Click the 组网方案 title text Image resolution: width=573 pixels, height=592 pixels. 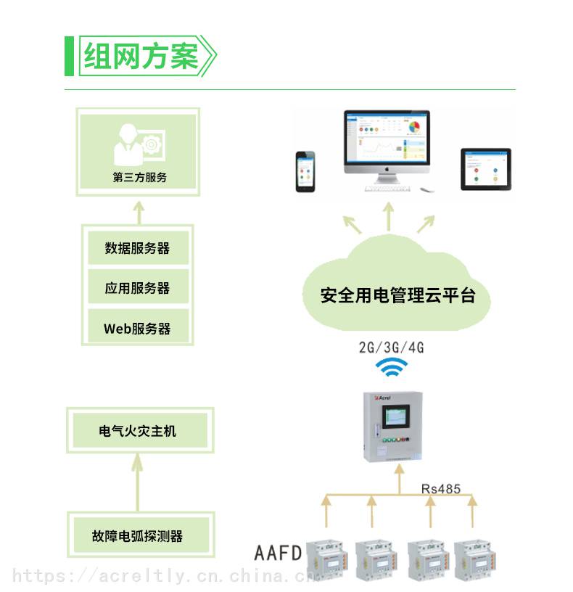[141, 56]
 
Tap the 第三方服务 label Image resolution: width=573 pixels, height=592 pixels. [140, 177]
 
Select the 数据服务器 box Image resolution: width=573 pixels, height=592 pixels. [138, 247]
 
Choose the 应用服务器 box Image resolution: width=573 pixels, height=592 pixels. [138, 288]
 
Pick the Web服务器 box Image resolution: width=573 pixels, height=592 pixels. [138, 327]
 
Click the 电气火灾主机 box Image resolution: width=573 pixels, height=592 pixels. [140, 430]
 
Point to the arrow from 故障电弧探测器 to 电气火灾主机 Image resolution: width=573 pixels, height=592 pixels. [137, 482]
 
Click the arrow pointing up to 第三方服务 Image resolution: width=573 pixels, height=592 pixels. [139, 213]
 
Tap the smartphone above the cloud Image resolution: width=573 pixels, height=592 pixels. [305, 172]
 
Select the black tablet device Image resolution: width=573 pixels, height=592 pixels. [486, 169]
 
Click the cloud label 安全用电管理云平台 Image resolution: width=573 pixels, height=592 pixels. [397, 295]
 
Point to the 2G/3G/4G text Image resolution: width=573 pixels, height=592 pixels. [392, 347]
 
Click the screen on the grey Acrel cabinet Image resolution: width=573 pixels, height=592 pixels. [395, 417]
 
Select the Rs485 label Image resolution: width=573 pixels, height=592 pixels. [441, 488]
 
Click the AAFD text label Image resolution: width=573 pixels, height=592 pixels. [278, 553]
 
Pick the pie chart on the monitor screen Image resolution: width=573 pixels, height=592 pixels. [414, 127]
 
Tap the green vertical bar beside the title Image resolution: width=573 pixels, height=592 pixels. [69, 56]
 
